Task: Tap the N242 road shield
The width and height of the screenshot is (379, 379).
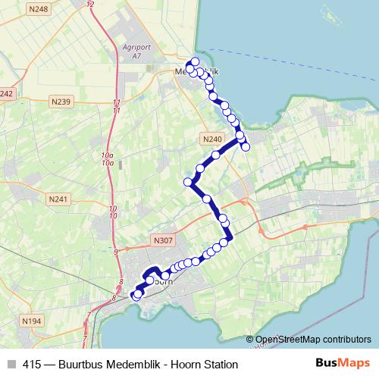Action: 7,93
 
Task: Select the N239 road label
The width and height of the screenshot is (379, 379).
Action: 61,102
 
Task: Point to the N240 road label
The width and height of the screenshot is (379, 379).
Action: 212,139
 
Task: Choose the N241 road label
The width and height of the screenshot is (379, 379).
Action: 57,199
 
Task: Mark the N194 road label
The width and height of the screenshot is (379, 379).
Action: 32,321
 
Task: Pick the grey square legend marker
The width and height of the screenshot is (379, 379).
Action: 10,365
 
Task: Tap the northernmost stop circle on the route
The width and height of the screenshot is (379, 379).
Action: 196,61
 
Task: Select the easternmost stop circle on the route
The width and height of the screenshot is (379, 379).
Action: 246,146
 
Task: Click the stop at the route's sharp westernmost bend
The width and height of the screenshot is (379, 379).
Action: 188,182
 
